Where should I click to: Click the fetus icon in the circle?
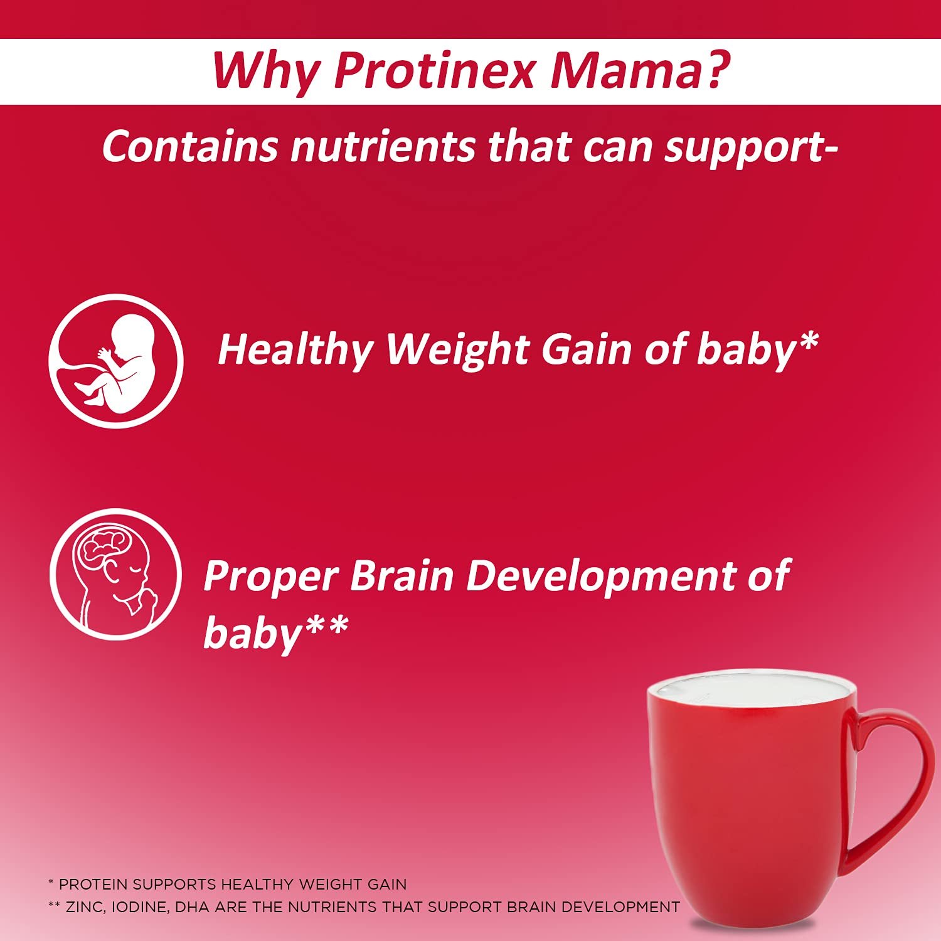[x=116, y=361]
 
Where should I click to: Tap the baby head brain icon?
[x=115, y=575]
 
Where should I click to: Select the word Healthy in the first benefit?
[x=295, y=351]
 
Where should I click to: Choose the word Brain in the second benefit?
[x=401, y=575]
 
